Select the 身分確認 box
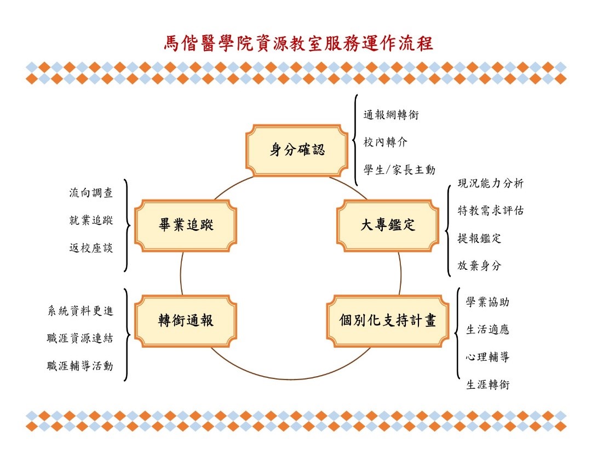[297, 150]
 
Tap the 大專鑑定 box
[388, 225]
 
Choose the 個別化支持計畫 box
[387, 321]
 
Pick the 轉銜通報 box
[186, 321]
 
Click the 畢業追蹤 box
[186, 225]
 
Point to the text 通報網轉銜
[392, 115]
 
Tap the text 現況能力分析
[491, 184]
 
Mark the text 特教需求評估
[491, 211]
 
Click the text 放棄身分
[479, 266]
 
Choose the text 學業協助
[487, 302]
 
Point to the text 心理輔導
[487, 358]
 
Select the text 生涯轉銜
[487, 385]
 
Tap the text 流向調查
[91, 193]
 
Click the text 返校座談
[91, 248]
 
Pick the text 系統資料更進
[80, 311]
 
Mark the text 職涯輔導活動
[80, 366]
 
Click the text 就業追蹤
[91, 220]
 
